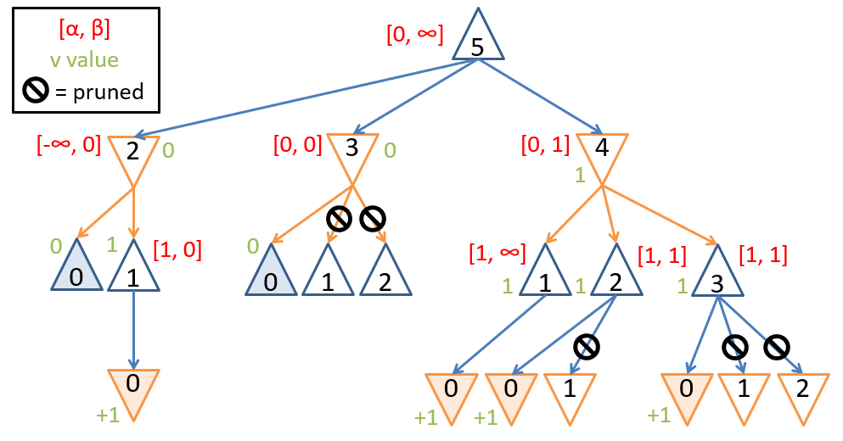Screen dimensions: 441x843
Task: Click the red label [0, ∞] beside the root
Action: pyautogui.click(x=414, y=36)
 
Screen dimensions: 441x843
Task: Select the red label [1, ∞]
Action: pyautogui.click(x=497, y=253)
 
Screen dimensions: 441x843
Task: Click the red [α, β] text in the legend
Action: pyautogui.click(x=85, y=30)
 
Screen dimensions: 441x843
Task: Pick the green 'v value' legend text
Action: pyautogui.click(x=85, y=60)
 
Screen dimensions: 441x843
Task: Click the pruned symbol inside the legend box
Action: pyautogui.click(x=37, y=91)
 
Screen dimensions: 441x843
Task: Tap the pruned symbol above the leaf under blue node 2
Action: pyautogui.click(x=587, y=346)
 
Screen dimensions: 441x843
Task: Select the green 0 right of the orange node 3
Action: pyautogui.click(x=390, y=151)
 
